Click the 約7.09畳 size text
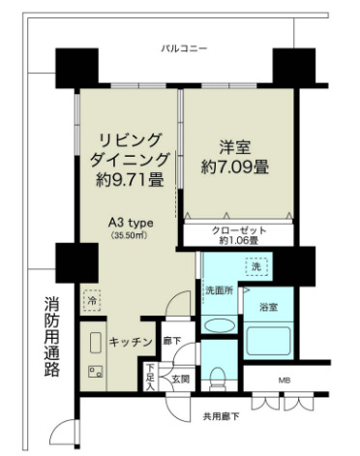coord(236,167)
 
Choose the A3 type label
coord(130,221)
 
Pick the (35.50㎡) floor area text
coord(130,234)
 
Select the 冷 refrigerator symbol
coord(90,300)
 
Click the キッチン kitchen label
coord(127,342)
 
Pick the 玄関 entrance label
coord(180,379)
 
